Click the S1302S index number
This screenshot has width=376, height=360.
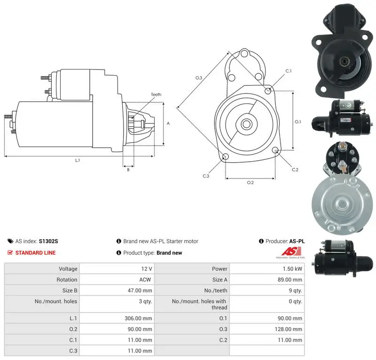tap(48, 241)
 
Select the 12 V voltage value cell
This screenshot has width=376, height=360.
tap(147, 269)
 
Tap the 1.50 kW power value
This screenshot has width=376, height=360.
tap(292, 269)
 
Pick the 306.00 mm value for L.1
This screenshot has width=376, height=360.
tap(138, 318)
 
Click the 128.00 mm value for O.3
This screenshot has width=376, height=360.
tap(289, 329)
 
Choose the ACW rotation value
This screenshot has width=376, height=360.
tap(145, 280)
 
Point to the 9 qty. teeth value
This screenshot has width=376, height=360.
tap(296, 291)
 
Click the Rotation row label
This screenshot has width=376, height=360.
tap(67, 280)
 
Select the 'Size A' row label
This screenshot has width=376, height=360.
tap(219, 280)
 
